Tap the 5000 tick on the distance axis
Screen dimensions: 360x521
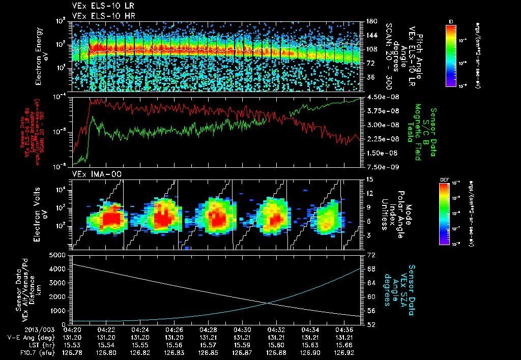click(60, 254)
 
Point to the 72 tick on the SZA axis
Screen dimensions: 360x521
click(371, 254)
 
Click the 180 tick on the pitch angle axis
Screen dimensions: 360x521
click(371, 21)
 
